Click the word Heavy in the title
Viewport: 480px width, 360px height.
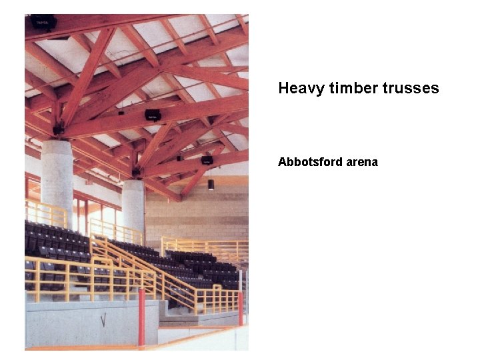pos(298,88)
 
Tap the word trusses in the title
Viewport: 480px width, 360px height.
pos(411,88)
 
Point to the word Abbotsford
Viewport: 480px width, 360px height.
pos(309,162)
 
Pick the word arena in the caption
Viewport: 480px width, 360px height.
pos(361,162)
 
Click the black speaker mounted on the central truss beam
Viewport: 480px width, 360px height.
pos(153,115)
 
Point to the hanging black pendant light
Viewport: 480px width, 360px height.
pos(211,184)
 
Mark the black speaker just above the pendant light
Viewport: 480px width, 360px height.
pos(207,160)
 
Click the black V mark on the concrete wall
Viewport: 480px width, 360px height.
pos(103,321)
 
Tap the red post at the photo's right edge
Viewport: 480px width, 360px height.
pos(241,308)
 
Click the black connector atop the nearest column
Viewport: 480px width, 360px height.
pos(59,128)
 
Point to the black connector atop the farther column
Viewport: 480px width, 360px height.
pos(136,172)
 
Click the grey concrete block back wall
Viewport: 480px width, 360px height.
pos(200,213)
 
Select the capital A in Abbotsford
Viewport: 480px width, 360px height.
pos(282,162)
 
